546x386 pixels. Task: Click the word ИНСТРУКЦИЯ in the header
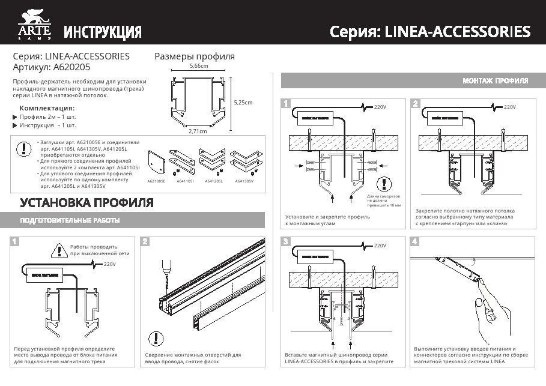pyautogui.click(x=103, y=32)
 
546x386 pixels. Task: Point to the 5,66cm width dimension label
pyautogui.click(x=198, y=66)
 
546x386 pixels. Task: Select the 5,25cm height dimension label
pyautogui.click(x=243, y=102)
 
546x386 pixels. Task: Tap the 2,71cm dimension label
pyautogui.click(x=198, y=130)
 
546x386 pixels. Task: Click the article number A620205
pyautogui.click(x=73, y=68)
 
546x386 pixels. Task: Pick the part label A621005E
pyautogui.click(x=156, y=180)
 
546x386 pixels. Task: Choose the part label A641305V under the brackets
pyautogui.click(x=244, y=180)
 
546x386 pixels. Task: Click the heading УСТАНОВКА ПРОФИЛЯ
pyautogui.click(x=86, y=202)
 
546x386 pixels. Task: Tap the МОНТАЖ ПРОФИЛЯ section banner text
pyautogui.click(x=495, y=80)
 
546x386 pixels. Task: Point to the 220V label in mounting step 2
pyautogui.click(x=509, y=107)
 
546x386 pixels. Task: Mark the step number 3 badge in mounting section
pyautogui.click(x=286, y=241)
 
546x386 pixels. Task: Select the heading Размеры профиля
pyautogui.click(x=195, y=56)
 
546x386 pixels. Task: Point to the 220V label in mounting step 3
pyautogui.click(x=380, y=246)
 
